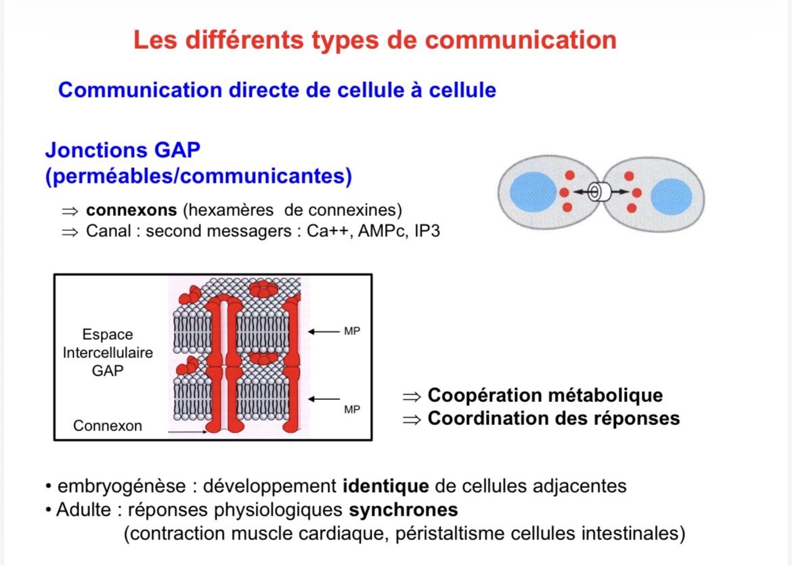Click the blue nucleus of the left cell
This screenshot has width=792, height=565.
[x=532, y=192]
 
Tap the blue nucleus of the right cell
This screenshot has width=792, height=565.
[x=671, y=196]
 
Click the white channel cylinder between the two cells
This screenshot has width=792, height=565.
[x=598, y=193]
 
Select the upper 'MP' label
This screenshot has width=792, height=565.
[x=352, y=332]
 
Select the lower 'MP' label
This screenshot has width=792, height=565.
[x=352, y=409]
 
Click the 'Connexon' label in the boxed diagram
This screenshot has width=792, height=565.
[x=108, y=426]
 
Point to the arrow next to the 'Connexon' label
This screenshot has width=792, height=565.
[x=186, y=431]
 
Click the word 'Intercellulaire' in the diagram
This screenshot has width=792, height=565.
[x=108, y=353]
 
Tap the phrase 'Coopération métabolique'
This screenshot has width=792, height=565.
[x=545, y=395]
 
